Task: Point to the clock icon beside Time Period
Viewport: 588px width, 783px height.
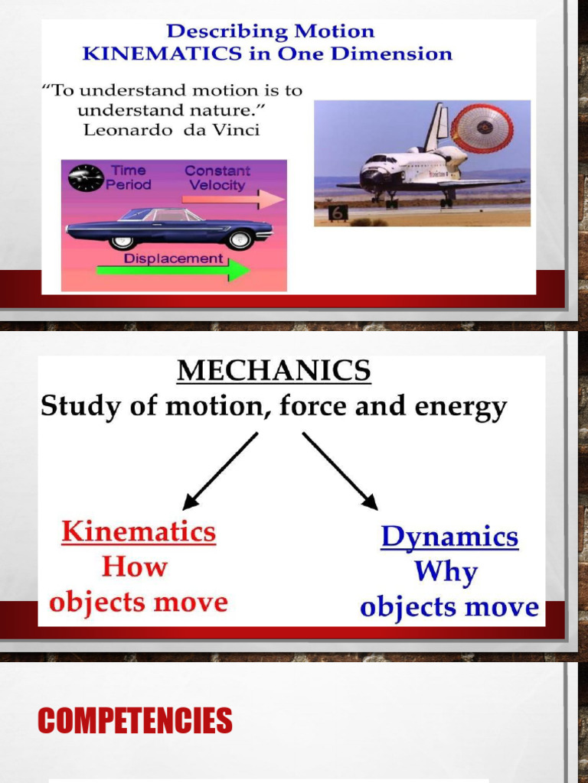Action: tap(86, 177)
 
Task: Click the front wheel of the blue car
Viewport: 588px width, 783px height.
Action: tap(240, 240)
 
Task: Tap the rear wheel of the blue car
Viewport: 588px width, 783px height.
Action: tap(121, 242)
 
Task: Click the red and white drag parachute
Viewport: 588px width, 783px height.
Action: tap(482, 128)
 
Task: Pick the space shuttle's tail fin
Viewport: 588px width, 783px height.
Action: tap(436, 126)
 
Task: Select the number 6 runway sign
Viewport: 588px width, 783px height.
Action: tap(338, 213)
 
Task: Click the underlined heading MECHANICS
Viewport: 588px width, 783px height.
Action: tap(274, 372)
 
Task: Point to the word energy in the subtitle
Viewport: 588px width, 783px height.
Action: tap(462, 407)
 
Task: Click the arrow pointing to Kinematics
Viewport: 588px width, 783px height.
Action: tap(220, 471)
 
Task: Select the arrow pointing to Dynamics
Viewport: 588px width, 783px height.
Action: tap(340, 470)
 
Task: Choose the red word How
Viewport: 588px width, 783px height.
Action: tap(135, 567)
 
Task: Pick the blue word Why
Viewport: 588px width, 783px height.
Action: tap(446, 572)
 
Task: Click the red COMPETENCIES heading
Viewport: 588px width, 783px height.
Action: tap(135, 720)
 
